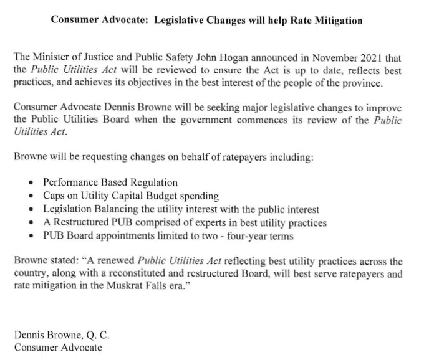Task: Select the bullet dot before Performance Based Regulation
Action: pos(32,183)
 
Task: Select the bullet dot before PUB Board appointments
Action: pos(32,236)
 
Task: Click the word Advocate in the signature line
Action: pos(80,347)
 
